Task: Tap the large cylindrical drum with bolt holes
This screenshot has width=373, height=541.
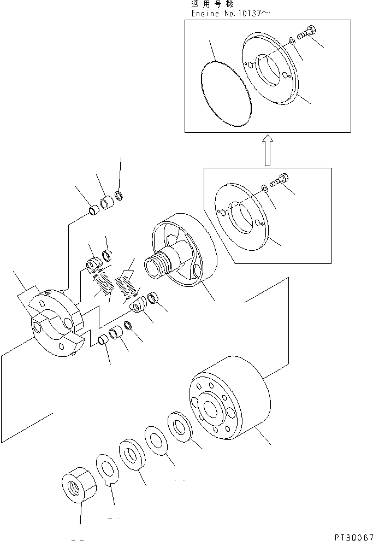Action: [x=229, y=402]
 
